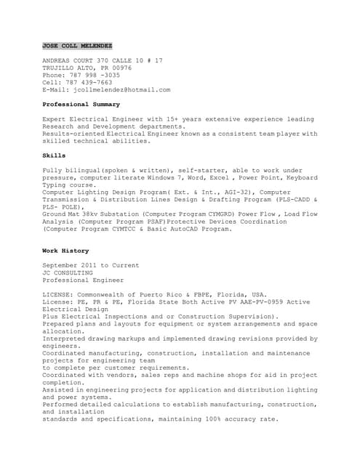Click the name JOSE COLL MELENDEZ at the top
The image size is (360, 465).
(77, 45)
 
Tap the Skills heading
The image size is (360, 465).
(54, 155)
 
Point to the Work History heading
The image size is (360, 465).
(65, 251)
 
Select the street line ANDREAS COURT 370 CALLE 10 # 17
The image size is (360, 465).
(103, 60)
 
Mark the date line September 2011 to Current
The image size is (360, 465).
(91, 265)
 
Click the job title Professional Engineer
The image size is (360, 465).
(83, 280)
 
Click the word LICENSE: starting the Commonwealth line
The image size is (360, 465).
(60, 294)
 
